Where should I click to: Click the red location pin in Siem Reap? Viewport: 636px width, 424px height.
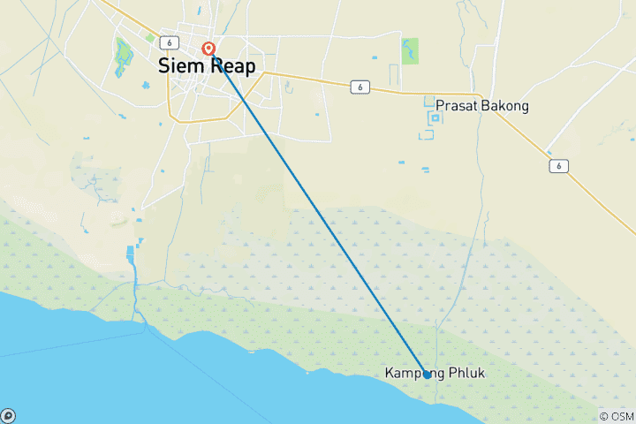coord(208,49)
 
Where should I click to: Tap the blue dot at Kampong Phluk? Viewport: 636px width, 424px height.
coord(427,374)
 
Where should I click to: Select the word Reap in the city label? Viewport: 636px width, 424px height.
coord(232,65)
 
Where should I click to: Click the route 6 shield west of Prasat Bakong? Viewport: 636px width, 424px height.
coord(359,87)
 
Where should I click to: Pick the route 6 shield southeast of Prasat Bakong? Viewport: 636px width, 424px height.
coord(556,165)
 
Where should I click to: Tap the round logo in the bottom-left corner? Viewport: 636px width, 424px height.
coord(7,416)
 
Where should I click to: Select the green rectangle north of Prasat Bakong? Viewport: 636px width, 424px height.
coord(410,50)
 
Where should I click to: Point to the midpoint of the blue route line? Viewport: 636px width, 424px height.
coord(318,212)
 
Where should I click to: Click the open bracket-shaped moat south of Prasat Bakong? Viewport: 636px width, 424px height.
coord(427,135)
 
